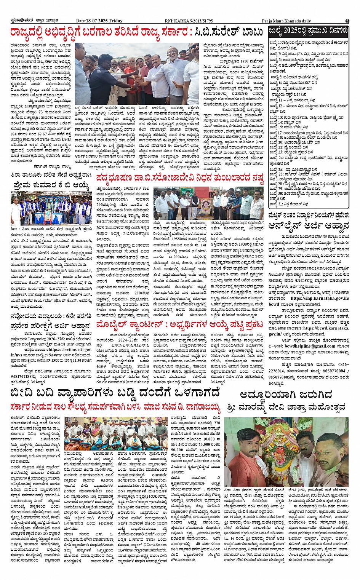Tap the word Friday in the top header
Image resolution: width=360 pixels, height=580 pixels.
[x=116, y=21]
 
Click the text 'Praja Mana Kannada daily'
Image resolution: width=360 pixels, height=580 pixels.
[x=286, y=21]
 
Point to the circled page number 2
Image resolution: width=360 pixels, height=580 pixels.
[x=347, y=21]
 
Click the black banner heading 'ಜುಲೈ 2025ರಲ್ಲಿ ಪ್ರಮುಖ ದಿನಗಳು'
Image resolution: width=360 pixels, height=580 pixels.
[x=308, y=30]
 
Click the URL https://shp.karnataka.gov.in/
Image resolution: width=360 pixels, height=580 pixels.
[x=320, y=298]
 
